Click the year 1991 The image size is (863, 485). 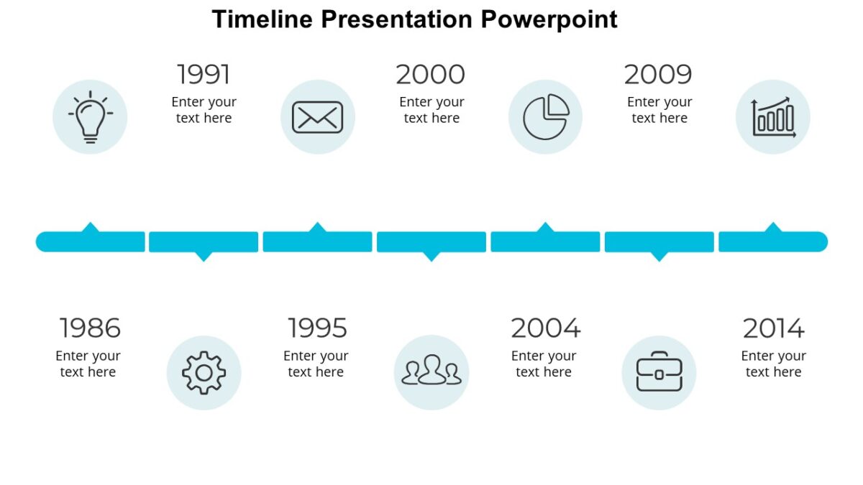click(x=204, y=75)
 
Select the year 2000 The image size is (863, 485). click(x=430, y=75)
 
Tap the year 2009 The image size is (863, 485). click(x=658, y=75)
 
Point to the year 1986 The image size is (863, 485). click(x=90, y=328)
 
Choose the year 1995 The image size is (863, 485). click(x=317, y=328)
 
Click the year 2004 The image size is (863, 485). click(x=545, y=328)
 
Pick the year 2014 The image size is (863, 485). click(x=773, y=328)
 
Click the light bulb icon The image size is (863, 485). click(x=90, y=117)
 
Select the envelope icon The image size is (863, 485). click(x=317, y=117)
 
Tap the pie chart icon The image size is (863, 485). click(x=545, y=117)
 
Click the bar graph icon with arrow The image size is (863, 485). click(x=773, y=117)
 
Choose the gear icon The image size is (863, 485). click(x=204, y=372)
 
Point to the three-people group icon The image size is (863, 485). click(x=431, y=372)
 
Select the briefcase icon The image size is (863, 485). click(x=659, y=372)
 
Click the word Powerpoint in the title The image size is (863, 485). click(x=549, y=19)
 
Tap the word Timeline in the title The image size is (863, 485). click(x=262, y=19)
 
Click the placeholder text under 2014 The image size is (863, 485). click(x=773, y=364)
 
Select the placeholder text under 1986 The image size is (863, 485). click(x=88, y=364)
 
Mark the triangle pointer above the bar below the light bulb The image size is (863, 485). click(x=90, y=227)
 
